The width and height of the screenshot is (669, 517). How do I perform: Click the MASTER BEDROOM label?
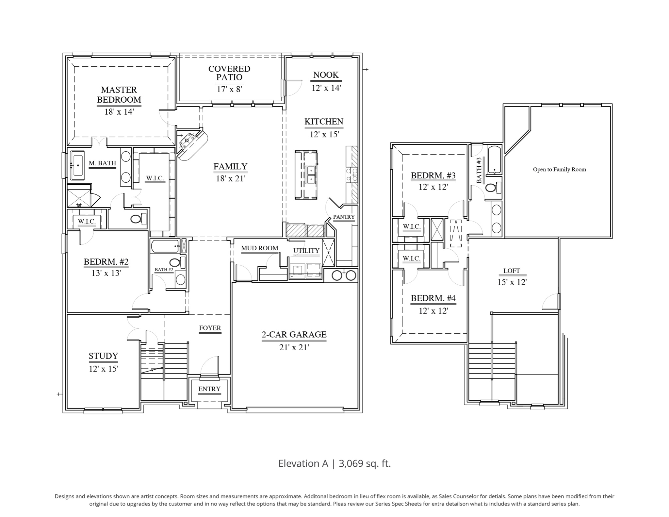(119, 95)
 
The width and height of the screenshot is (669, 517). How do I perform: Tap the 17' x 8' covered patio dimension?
(229, 89)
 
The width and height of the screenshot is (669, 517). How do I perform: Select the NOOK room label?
(326, 75)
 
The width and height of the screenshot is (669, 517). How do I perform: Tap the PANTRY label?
(344, 217)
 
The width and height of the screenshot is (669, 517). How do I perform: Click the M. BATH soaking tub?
(78, 165)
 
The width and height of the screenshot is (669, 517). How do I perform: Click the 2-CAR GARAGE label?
(294, 335)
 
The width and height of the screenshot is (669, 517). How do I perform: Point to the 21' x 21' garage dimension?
(294, 347)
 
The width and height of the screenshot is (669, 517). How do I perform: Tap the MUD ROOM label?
(260, 248)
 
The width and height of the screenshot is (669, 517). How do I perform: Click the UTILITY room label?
(306, 251)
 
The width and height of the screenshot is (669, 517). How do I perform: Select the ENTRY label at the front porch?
(209, 389)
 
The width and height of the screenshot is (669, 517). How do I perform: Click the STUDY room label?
(103, 356)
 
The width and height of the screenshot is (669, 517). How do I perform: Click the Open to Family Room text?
(559, 170)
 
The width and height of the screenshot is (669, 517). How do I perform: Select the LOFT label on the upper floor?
(512, 271)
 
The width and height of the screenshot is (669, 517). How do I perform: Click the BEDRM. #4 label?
(433, 298)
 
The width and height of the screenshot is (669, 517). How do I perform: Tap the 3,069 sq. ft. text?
(365, 463)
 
